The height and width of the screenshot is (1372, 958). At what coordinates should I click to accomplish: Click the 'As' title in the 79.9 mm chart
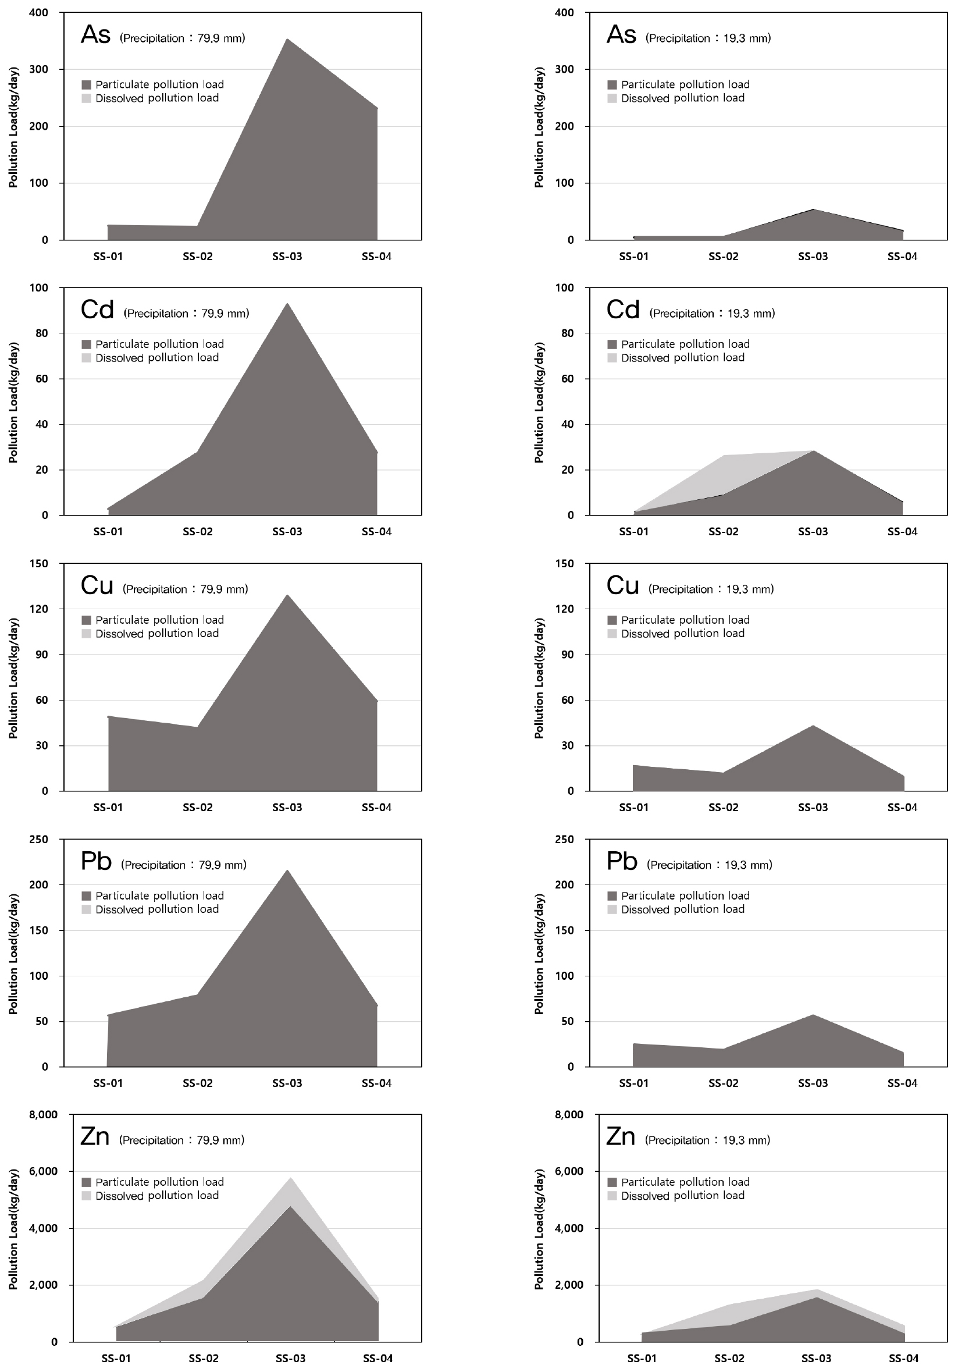coord(95,35)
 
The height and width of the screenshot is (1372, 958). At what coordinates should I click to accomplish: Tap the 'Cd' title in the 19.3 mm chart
coord(622,310)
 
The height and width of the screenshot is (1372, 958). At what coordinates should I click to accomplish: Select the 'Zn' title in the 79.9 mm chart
coord(95,1136)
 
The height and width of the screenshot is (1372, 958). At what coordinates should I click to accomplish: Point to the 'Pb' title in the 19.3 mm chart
coord(622,862)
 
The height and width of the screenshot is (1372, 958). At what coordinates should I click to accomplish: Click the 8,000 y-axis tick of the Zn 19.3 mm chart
coord(569,1115)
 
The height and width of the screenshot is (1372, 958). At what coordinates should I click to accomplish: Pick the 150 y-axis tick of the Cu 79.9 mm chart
coord(39,563)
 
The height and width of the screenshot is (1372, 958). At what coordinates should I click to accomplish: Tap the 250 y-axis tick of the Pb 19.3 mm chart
coord(564,840)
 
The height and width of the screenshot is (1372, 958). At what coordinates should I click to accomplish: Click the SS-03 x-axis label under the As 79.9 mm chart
coord(287,257)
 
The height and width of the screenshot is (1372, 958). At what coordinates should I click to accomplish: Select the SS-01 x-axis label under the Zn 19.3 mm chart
coord(642,1358)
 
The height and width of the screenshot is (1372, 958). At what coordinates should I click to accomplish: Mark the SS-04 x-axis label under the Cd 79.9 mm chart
coord(377,532)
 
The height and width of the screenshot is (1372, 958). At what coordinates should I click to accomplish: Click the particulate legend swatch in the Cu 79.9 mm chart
coord(87,620)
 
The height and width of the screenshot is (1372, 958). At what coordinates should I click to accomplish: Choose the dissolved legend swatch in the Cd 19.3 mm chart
coord(612,358)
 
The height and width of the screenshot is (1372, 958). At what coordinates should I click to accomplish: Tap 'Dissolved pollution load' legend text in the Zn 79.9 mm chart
coord(157,1196)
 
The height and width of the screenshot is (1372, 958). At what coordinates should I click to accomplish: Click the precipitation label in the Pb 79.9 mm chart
coord(183,865)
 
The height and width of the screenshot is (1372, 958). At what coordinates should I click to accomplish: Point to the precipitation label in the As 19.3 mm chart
coord(708,38)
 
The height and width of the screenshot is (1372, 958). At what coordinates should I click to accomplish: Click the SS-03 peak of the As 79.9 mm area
coord(287,40)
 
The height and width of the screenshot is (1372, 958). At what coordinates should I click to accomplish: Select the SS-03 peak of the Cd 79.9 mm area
coord(287,304)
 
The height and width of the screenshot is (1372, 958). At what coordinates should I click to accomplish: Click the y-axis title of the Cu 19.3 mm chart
coord(539,678)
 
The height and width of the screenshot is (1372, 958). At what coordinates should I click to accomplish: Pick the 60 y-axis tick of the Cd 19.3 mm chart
coord(567,379)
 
